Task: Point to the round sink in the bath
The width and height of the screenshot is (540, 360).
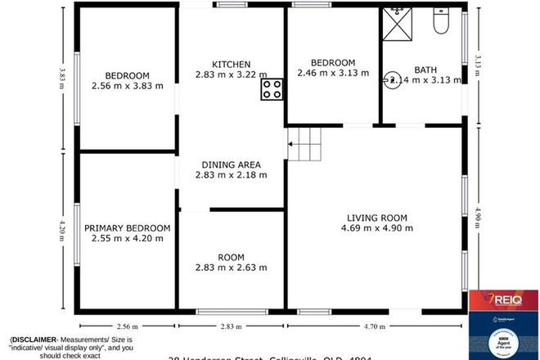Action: (x=392, y=79)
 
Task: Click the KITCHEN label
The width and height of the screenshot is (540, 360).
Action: (x=231, y=64)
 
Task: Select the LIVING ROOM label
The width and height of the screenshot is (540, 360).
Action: (x=376, y=217)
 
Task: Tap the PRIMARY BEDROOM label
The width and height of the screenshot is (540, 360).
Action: (x=131, y=227)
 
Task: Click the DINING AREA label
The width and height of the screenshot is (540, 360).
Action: (x=231, y=164)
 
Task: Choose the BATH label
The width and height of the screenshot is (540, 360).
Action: (x=427, y=70)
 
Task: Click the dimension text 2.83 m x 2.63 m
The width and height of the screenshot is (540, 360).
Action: (x=231, y=268)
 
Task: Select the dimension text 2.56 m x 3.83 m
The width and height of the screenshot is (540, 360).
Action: (x=128, y=85)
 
